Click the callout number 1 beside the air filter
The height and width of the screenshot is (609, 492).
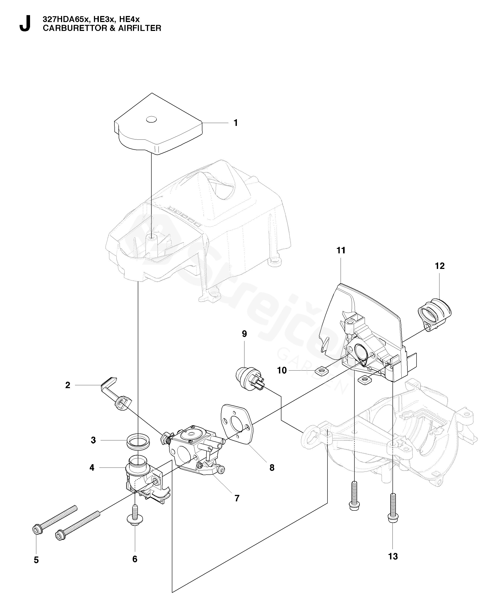(x=235, y=123)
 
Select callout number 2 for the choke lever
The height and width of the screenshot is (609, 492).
(x=68, y=385)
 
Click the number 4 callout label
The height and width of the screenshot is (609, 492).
(x=92, y=468)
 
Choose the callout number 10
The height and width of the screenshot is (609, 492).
(x=282, y=370)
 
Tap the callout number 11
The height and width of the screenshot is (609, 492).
(x=341, y=250)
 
